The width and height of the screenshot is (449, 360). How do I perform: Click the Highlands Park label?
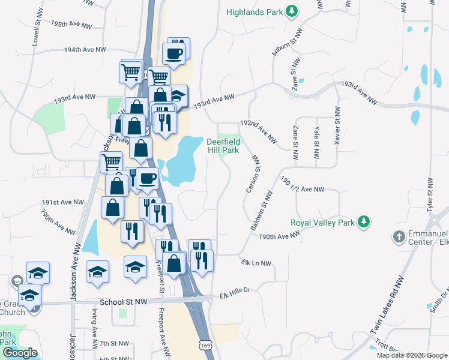point(255,12)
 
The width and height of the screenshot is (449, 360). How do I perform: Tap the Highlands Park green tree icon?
point(291,11)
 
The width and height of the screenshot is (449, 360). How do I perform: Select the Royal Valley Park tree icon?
point(363,222)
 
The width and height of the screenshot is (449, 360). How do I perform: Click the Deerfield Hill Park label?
point(223,146)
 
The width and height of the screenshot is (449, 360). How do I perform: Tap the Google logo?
point(19,353)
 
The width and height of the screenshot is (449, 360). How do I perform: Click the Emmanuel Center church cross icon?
point(399,236)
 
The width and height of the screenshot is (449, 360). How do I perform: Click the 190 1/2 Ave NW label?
point(302,189)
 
